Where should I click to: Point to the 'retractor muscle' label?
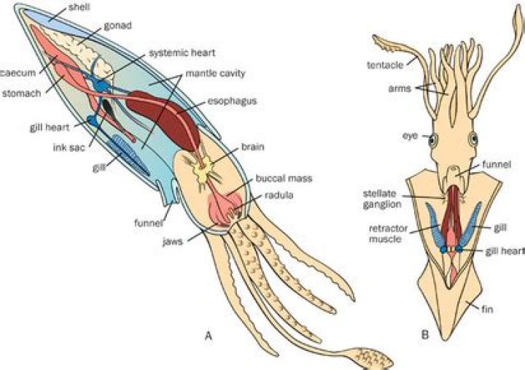[386, 234]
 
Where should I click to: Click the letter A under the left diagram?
[209, 336]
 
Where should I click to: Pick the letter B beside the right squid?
[424, 336]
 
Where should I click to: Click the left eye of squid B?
[431, 139]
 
